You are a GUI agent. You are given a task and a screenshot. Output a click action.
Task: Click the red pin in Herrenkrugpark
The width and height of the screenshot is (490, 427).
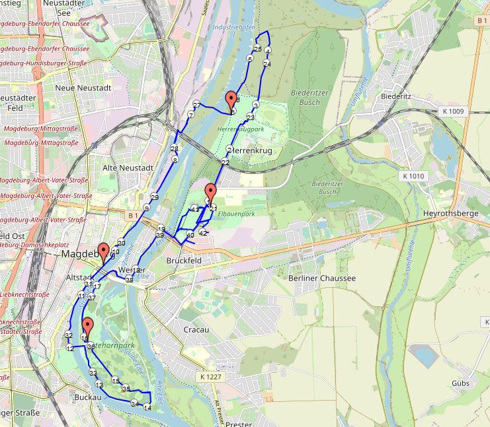pyautogui.click(x=231, y=101)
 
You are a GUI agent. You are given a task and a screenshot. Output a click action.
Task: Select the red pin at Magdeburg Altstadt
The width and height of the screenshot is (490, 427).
pyautogui.click(x=103, y=251)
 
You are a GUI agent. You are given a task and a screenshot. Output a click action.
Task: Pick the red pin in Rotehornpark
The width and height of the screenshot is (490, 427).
pyautogui.click(x=87, y=326)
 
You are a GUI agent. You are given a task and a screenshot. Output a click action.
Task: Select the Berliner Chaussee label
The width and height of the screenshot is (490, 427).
pyautogui.click(x=322, y=278)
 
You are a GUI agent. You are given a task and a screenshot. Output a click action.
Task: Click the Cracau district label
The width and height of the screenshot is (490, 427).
pyautogui.click(x=196, y=329)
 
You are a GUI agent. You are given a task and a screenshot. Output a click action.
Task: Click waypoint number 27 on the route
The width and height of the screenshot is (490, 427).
pyautogui.click(x=196, y=105)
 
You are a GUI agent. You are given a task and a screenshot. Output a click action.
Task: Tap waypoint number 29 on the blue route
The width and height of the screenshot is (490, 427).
pyautogui.click(x=155, y=197)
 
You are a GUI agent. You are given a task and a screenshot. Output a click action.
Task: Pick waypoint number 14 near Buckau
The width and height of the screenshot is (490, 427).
pyautogui.click(x=147, y=408)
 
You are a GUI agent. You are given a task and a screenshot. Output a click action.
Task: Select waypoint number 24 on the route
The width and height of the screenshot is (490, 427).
pyautogui.click(x=266, y=63)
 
